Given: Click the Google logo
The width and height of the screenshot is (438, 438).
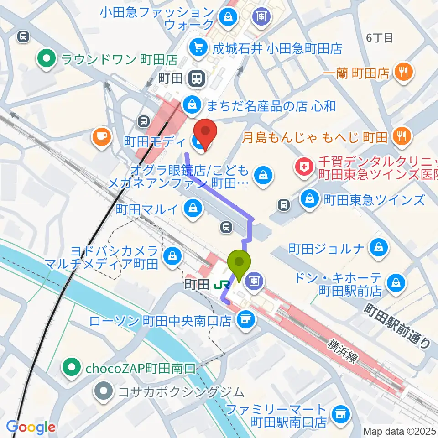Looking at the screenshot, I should (x=31, y=427).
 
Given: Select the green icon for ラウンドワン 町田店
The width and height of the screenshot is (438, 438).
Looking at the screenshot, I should (x=46, y=58).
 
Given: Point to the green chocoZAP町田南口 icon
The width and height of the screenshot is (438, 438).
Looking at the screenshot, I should (x=71, y=366).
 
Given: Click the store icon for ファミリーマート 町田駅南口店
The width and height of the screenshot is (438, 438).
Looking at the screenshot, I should (x=339, y=414).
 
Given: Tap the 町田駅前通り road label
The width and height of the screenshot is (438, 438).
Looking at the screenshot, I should (x=397, y=326).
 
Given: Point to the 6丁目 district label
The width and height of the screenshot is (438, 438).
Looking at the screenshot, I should (x=379, y=38).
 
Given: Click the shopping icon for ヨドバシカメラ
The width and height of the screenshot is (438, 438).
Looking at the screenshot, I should (x=173, y=254).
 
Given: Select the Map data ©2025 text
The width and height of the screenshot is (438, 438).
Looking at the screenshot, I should (x=399, y=431).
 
